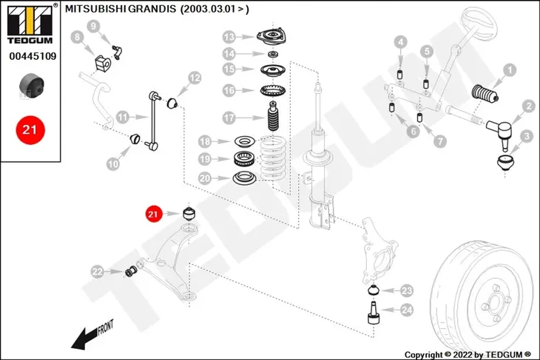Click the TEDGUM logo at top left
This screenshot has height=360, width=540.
tap(30, 24)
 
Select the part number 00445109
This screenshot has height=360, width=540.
tap(33, 56)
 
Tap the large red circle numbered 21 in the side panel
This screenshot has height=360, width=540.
tap(30, 130)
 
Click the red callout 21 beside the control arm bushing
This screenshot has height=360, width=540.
tap(153, 214)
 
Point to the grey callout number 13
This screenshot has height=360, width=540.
tap(229, 37)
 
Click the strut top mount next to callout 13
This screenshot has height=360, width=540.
tap(272, 37)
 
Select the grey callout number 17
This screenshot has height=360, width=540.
tap(229, 118)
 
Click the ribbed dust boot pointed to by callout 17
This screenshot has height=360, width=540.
tap(274, 116)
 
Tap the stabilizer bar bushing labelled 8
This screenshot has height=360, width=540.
tap(103, 64)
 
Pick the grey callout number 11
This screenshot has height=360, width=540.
tap(123, 117)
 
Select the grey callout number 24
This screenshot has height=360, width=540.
tap(407, 310)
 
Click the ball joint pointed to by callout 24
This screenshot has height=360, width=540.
tap(373, 313)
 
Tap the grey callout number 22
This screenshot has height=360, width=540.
tap(98, 271)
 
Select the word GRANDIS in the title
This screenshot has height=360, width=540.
tap(152, 9)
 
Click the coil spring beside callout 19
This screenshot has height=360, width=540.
tap(272, 158)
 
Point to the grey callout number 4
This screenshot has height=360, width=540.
tap(400, 42)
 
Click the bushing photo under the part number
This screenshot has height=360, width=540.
tap(31, 86)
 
